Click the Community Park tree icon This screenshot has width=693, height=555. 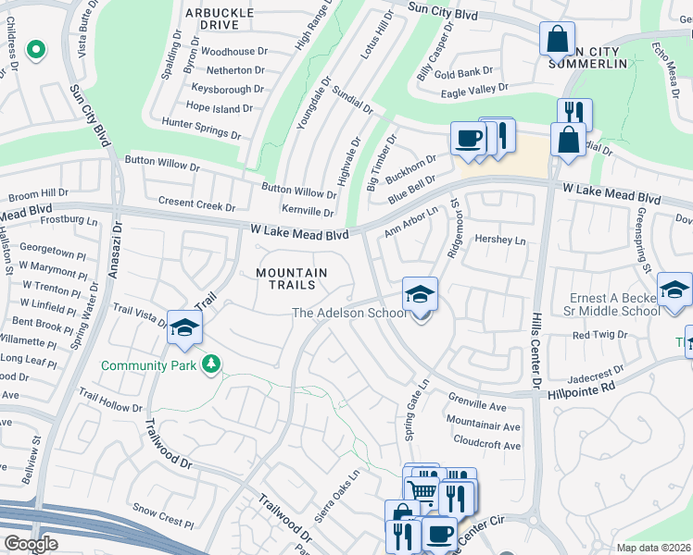point(212,365)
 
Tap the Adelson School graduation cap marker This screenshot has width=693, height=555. point(420,296)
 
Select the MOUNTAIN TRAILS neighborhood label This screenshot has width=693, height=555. point(292,280)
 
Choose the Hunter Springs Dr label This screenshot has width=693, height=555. point(201,128)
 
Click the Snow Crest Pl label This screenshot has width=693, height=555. point(163,516)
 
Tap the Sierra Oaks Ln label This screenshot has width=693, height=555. point(335,498)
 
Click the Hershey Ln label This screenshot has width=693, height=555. point(499,240)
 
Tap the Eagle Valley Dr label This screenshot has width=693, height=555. point(475,90)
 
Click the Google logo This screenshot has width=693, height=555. point(30,544)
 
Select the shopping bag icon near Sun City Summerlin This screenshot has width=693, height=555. point(557,40)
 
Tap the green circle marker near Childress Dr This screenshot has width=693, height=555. point(35,49)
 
